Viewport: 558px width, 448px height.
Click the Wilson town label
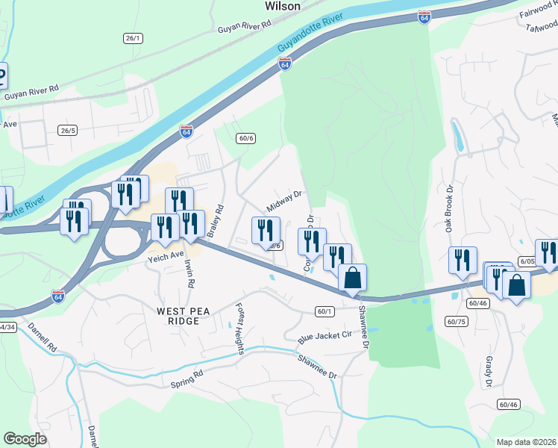coord(283,6)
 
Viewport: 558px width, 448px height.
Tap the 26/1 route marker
coord(133,37)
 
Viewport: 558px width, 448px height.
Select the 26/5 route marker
coord(68,130)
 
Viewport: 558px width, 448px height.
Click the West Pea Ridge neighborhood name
coord(178,315)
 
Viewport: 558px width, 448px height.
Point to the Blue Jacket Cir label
coord(325,336)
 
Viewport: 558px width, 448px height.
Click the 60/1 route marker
coord(323,311)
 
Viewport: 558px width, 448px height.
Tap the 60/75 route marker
coord(455,321)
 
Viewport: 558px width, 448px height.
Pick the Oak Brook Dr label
coord(450,209)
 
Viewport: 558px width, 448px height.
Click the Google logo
coord(25,439)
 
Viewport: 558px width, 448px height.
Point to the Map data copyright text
coord(525,442)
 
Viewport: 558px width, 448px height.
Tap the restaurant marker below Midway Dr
coord(266,231)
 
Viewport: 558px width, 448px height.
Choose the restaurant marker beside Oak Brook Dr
coord(463,261)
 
